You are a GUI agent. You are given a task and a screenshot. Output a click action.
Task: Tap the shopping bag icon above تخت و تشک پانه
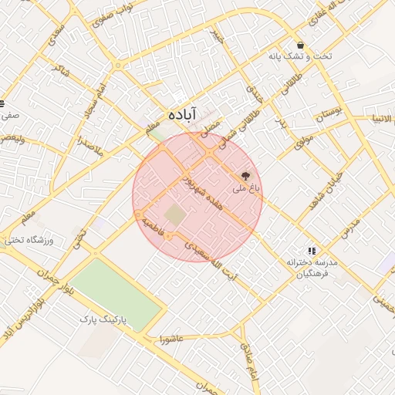[300, 45]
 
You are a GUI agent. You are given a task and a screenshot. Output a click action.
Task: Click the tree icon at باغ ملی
[246, 176]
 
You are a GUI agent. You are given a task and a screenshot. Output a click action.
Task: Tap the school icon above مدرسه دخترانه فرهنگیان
[312, 251]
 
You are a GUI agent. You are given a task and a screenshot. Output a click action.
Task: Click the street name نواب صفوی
[113, 14]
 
